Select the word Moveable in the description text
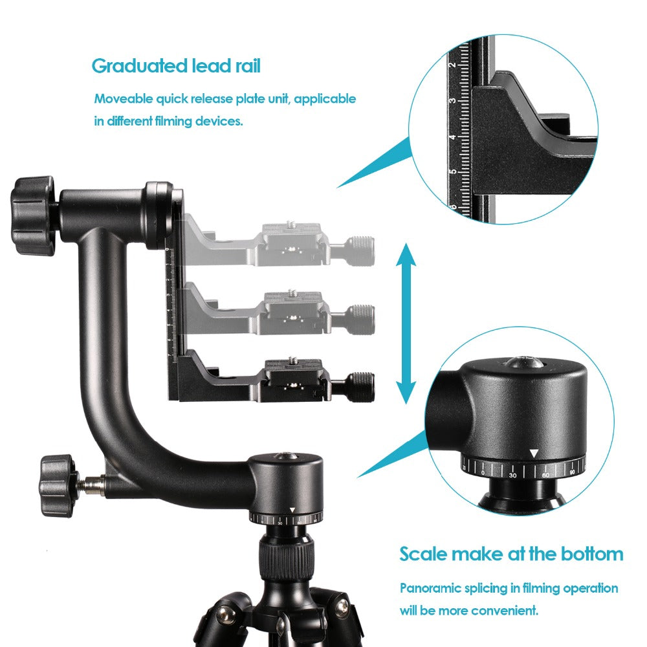(x=123, y=99)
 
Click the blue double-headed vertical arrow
(x=406, y=323)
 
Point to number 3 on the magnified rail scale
(x=452, y=100)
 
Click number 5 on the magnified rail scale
(x=452, y=171)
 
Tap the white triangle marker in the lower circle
(x=533, y=455)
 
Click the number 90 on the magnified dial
(x=573, y=473)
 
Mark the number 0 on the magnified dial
(x=483, y=472)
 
